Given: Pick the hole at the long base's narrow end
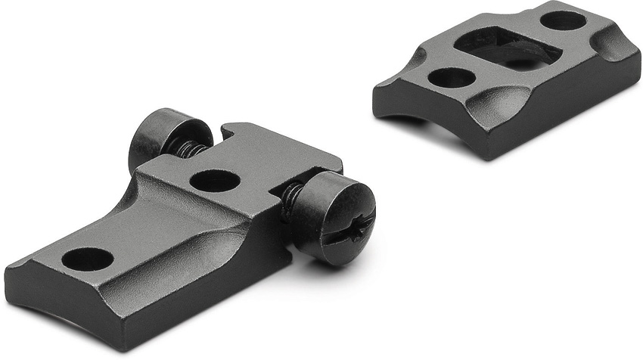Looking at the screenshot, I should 87,259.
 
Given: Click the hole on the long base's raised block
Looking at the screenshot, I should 215,180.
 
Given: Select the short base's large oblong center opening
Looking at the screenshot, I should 508,49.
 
